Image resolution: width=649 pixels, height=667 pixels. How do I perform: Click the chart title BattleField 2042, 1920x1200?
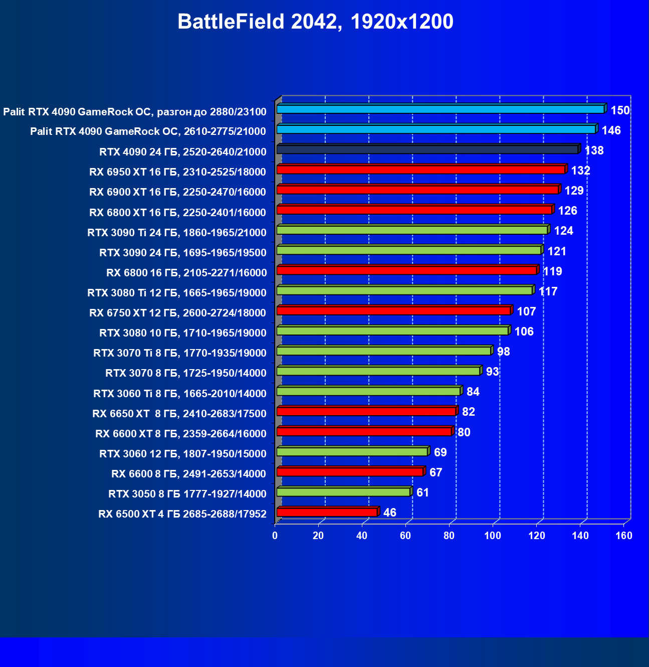(x=315, y=22)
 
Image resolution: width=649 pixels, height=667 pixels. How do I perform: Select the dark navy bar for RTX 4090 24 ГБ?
(x=427, y=149)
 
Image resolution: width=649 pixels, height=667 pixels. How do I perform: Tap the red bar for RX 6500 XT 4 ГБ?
(x=327, y=512)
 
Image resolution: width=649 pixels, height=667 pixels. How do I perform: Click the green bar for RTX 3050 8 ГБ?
(x=343, y=492)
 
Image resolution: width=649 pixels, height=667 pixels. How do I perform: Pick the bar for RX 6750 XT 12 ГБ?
(x=393, y=311)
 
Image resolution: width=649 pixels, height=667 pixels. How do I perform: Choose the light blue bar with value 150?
(x=441, y=109)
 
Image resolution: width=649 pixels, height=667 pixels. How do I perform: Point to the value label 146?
(x=611, y=131)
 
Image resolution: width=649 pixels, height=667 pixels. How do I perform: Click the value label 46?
(x=389, y=513)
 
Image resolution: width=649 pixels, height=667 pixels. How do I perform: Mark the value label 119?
(x=552, y=271)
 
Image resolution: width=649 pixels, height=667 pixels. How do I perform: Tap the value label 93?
(x=492, y=372)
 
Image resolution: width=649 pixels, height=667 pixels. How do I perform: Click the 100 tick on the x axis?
(x=493, y=536)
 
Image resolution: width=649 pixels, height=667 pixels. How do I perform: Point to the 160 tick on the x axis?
(x=624, y=536)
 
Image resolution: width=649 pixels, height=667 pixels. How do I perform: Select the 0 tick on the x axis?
(x=275, y=536)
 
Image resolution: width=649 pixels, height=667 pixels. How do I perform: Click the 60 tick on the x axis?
(x=405, y=536)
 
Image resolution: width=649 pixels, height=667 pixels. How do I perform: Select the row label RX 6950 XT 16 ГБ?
(x=177, y=172)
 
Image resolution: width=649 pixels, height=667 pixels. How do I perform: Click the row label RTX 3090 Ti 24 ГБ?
(x=176, y=232)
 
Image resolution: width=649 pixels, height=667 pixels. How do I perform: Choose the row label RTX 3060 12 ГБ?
(x=182, y=454)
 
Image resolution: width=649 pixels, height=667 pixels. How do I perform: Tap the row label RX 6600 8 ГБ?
(x=188, y=474)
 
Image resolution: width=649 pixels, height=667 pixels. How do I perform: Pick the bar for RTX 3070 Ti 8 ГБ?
(x=384, y=351)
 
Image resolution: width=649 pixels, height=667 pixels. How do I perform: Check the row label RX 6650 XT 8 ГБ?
(x=179, y=414)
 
